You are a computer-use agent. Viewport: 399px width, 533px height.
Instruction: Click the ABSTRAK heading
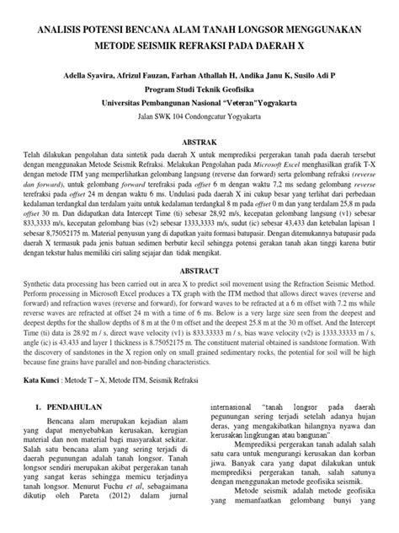199,143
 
